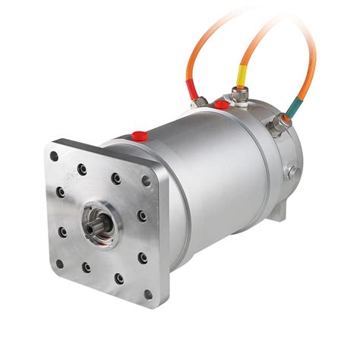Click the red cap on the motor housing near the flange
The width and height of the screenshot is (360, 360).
click(140, 136)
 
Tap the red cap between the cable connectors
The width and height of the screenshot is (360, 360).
click(221, 103)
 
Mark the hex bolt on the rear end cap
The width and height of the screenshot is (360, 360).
click(291, 172)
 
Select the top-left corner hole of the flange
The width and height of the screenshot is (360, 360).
click(54, 156)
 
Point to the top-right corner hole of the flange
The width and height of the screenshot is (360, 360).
click(146, 180)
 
